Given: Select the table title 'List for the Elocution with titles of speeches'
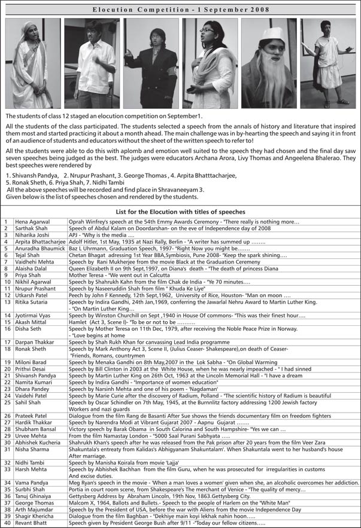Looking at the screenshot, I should tap(180, 212).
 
